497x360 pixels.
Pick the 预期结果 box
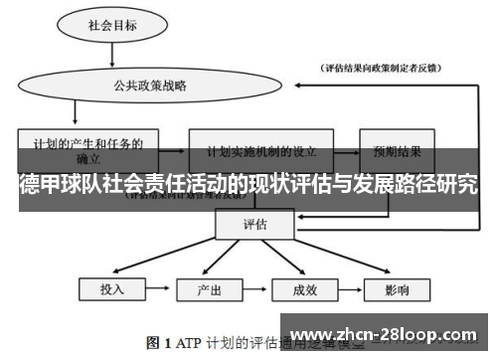coord(397,153)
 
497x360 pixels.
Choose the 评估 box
coord(254,225)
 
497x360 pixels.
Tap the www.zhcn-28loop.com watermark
coord(388,335)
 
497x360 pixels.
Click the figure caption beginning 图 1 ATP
coord(248,343)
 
